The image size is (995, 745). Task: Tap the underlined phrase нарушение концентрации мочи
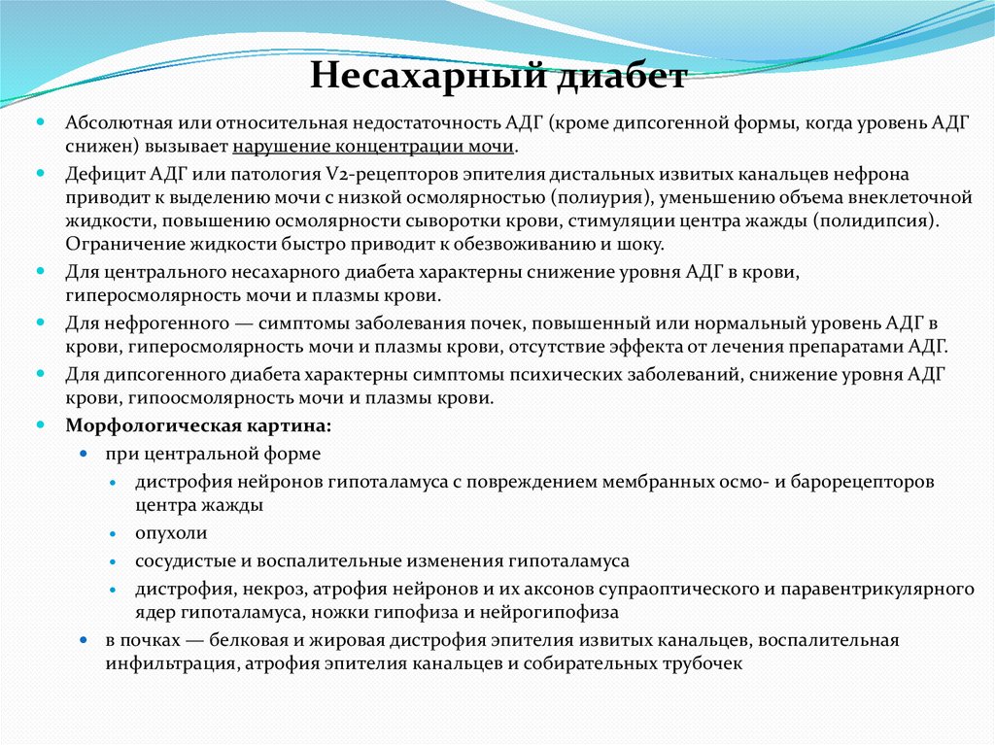point(374,148)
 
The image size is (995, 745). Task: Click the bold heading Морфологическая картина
point(197,424)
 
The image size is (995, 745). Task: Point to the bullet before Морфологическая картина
point(41,424)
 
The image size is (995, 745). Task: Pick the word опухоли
point(171,533)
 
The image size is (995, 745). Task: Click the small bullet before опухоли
point(113,534)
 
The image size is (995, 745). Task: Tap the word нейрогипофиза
point(553,613)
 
